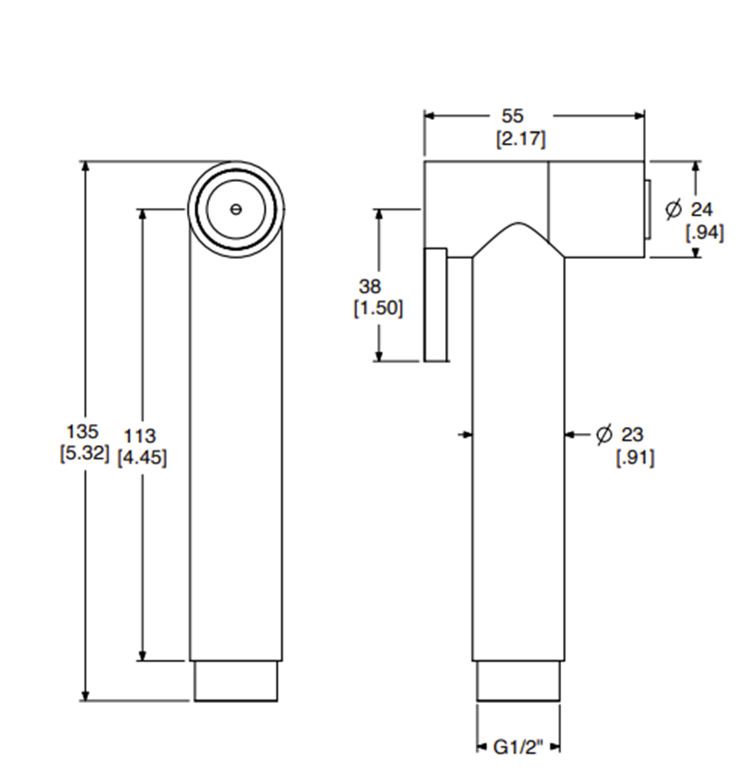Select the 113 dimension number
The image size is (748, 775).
(140, 436)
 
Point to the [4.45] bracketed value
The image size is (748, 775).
(141, 458)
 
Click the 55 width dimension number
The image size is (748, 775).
(513, 117)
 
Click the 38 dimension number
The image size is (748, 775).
(371, 286)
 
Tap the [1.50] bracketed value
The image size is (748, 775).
(377, 308)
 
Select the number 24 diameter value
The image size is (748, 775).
(702, 210)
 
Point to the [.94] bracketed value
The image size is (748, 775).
(704, 232)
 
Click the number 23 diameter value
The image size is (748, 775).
(632, 435)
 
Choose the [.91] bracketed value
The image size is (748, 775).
(635, 458)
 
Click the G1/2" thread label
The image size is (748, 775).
(517, 747)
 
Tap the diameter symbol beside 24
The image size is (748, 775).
(674, 209)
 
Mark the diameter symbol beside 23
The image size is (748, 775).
(603, 435)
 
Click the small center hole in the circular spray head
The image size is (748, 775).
(235, 209)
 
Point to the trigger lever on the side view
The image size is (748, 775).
(436, 304)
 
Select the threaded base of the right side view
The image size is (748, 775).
(518, 681)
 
